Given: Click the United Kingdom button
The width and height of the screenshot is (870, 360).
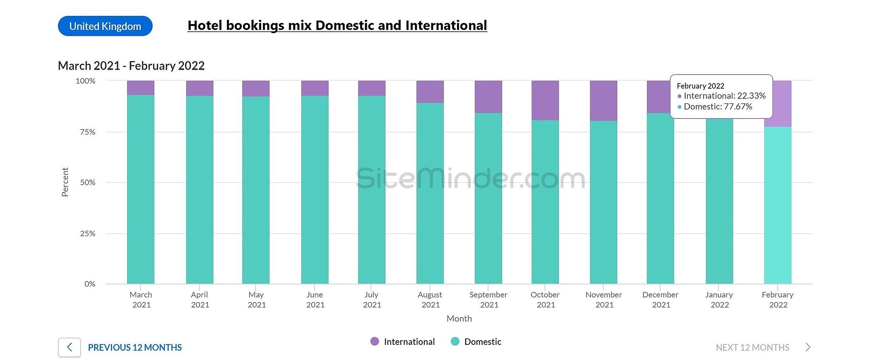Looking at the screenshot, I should tap(105, 26).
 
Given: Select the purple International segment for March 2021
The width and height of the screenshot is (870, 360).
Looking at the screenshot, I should tap(141, 88).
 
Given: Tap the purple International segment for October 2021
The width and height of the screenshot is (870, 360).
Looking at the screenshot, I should tap(545, 100).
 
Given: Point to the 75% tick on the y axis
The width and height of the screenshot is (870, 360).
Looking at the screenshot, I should tap(88, 132).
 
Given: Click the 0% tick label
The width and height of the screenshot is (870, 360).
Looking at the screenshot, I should tap(90, 284).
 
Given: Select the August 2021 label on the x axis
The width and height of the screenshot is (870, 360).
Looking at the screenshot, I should tap(430, 300).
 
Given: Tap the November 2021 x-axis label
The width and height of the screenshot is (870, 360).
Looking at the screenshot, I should tap(604, 300).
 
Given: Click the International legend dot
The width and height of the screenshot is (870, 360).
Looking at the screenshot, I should tap(375, 341).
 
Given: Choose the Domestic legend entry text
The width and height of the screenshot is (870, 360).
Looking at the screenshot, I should tap(483, 342).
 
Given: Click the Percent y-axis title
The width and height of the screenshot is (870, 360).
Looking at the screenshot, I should tap(65, 182).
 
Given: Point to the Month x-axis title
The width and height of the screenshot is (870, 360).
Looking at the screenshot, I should tap(459, 318).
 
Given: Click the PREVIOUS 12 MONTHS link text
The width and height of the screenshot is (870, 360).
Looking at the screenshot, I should tap(135, 348).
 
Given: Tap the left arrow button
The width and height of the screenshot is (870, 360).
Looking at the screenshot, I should tap(70, 347).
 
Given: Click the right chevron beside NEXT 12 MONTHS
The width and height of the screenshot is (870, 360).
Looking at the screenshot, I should tap(808, 347).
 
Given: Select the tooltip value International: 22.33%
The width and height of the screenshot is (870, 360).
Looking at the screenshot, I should tap(724, 96).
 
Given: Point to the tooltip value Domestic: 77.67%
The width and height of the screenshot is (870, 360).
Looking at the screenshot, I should tap(718, 107).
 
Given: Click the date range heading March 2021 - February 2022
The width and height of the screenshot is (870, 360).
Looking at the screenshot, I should tap(131, 66).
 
